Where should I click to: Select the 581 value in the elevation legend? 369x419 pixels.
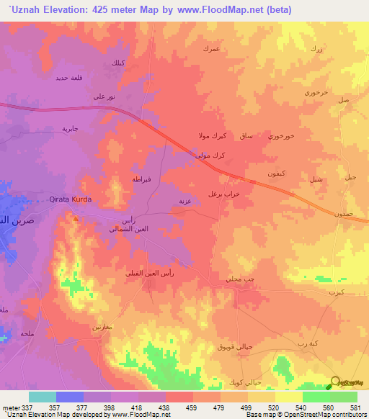coord(354,407)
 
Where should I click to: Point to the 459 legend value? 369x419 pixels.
coord(193,407)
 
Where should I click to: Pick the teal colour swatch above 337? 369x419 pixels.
coord(43,397)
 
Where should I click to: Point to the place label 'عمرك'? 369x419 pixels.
coord(210,48)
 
